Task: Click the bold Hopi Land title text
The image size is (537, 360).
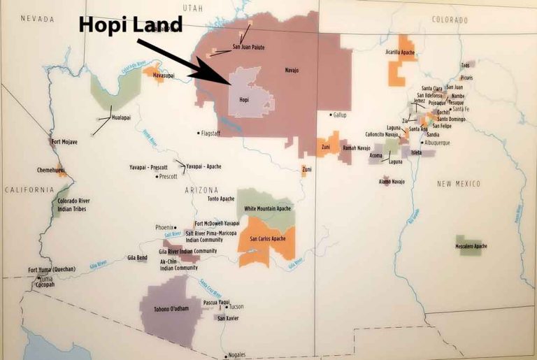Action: [x=131, y=24]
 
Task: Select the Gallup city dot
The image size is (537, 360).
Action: [x=331, y=115]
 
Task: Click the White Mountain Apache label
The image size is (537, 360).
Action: [x=268, y=209]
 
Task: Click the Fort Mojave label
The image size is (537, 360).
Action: [x=64, y=142]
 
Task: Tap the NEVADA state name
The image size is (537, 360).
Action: [x=37, y=19]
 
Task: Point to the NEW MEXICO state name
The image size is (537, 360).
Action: [x=459, y=183]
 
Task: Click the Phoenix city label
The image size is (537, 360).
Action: [x=164, y=227]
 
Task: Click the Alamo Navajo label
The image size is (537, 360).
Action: [x=392, y=182]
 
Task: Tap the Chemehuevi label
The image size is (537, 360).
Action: [x=52, y=170]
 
